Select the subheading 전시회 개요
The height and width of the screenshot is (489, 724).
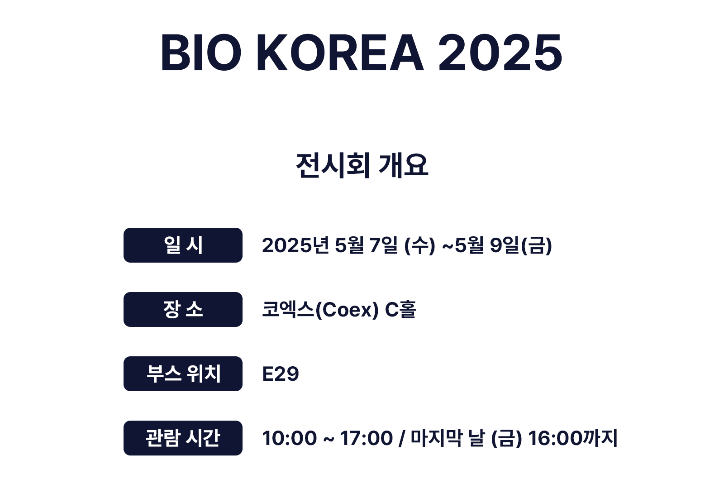click(362, 166)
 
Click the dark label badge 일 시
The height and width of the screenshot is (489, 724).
click(183, 245)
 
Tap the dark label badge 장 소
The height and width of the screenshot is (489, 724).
click(183, 310)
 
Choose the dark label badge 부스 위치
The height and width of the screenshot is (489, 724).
click(183, 374)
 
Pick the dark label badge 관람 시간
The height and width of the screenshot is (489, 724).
click(183, 438)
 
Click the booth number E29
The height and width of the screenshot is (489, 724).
click(281, 374)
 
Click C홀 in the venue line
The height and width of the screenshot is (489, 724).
click(400, 310)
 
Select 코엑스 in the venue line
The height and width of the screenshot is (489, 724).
click(288, 310)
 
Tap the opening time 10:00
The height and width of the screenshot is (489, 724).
click(290, 439)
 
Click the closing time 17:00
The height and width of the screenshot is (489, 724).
click(367, 439)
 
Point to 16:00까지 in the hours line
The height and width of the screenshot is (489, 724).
click(573, 438)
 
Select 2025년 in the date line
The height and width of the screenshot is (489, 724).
click(296, 245)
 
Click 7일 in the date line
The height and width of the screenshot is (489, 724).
click(384, 245)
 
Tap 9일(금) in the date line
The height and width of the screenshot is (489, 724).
click(521, 245)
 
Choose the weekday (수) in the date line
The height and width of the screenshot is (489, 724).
click(420, 245)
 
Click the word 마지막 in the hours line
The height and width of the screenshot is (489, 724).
click(437, 438)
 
